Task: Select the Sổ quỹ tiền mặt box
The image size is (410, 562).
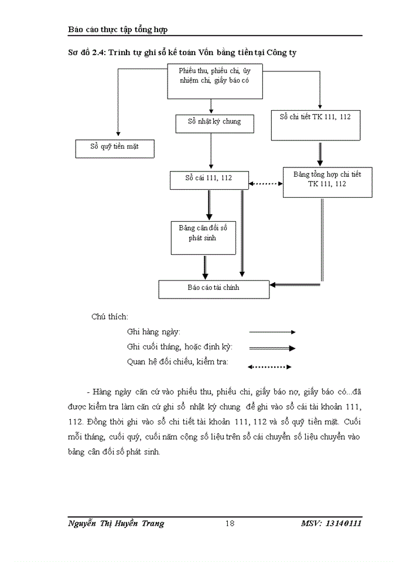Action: coord(115,148)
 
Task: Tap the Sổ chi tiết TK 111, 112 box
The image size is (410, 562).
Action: coord(315,125)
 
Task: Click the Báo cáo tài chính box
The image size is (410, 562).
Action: coord(213,289)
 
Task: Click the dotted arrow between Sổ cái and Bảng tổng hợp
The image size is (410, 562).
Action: coord(265,184)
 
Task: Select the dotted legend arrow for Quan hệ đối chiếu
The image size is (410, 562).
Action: coord(269,368)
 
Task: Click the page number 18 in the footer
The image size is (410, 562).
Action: coord(230,523)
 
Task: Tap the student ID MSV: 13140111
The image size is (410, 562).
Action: coord(332,523)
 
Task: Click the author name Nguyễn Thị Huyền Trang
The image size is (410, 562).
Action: coord(117,523)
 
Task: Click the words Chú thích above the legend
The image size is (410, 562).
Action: coord(110,316)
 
